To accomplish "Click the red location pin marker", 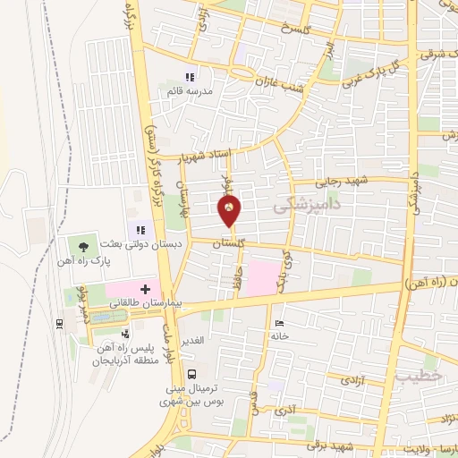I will (x=229, y=210).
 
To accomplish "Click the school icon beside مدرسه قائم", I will (x=189, y=77).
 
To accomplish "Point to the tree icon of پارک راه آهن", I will (x=85, y=244).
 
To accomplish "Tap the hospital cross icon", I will (x=145, y=290).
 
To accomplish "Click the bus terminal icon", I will (x=190, y=373).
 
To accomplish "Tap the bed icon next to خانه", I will (x=281, y=323).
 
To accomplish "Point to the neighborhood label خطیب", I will (x=418, y=377).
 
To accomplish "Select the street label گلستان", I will (x=232, y=242).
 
